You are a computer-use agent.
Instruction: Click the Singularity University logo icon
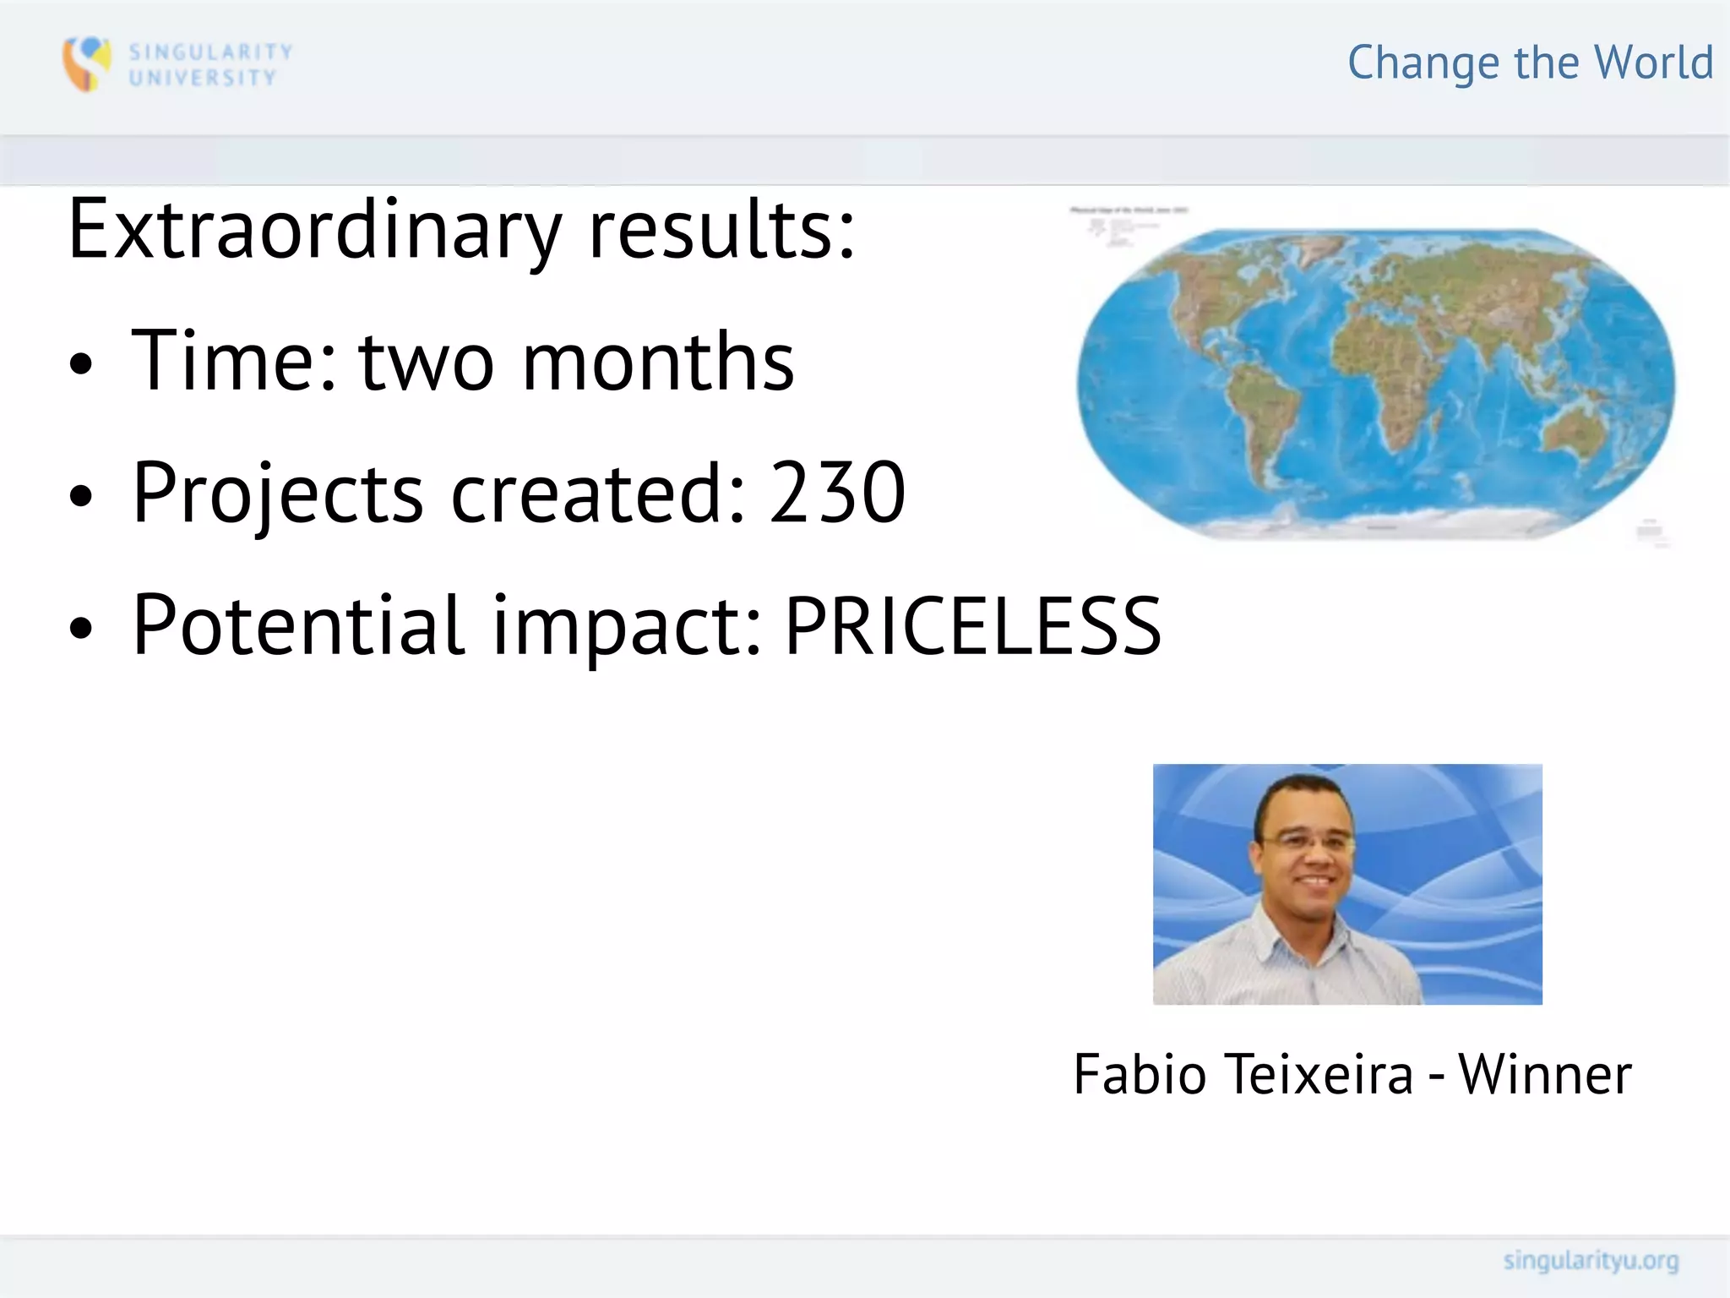click(86, 63)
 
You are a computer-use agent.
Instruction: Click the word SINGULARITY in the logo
click(210, 52)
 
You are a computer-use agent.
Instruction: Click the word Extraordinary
click(314, 230)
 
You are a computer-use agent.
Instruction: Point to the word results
click(721, 230)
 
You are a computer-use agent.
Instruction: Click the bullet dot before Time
click(81, 364)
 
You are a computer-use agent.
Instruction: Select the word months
click(659, 362)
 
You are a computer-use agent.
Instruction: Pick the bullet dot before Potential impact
click(81, 628)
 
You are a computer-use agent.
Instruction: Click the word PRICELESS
click(973, 626)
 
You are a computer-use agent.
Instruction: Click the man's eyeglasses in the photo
click(1305, 842)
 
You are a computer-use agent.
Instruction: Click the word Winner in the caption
click(1545, 1075)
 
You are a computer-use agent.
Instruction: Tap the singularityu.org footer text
click(1591, 1261)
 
